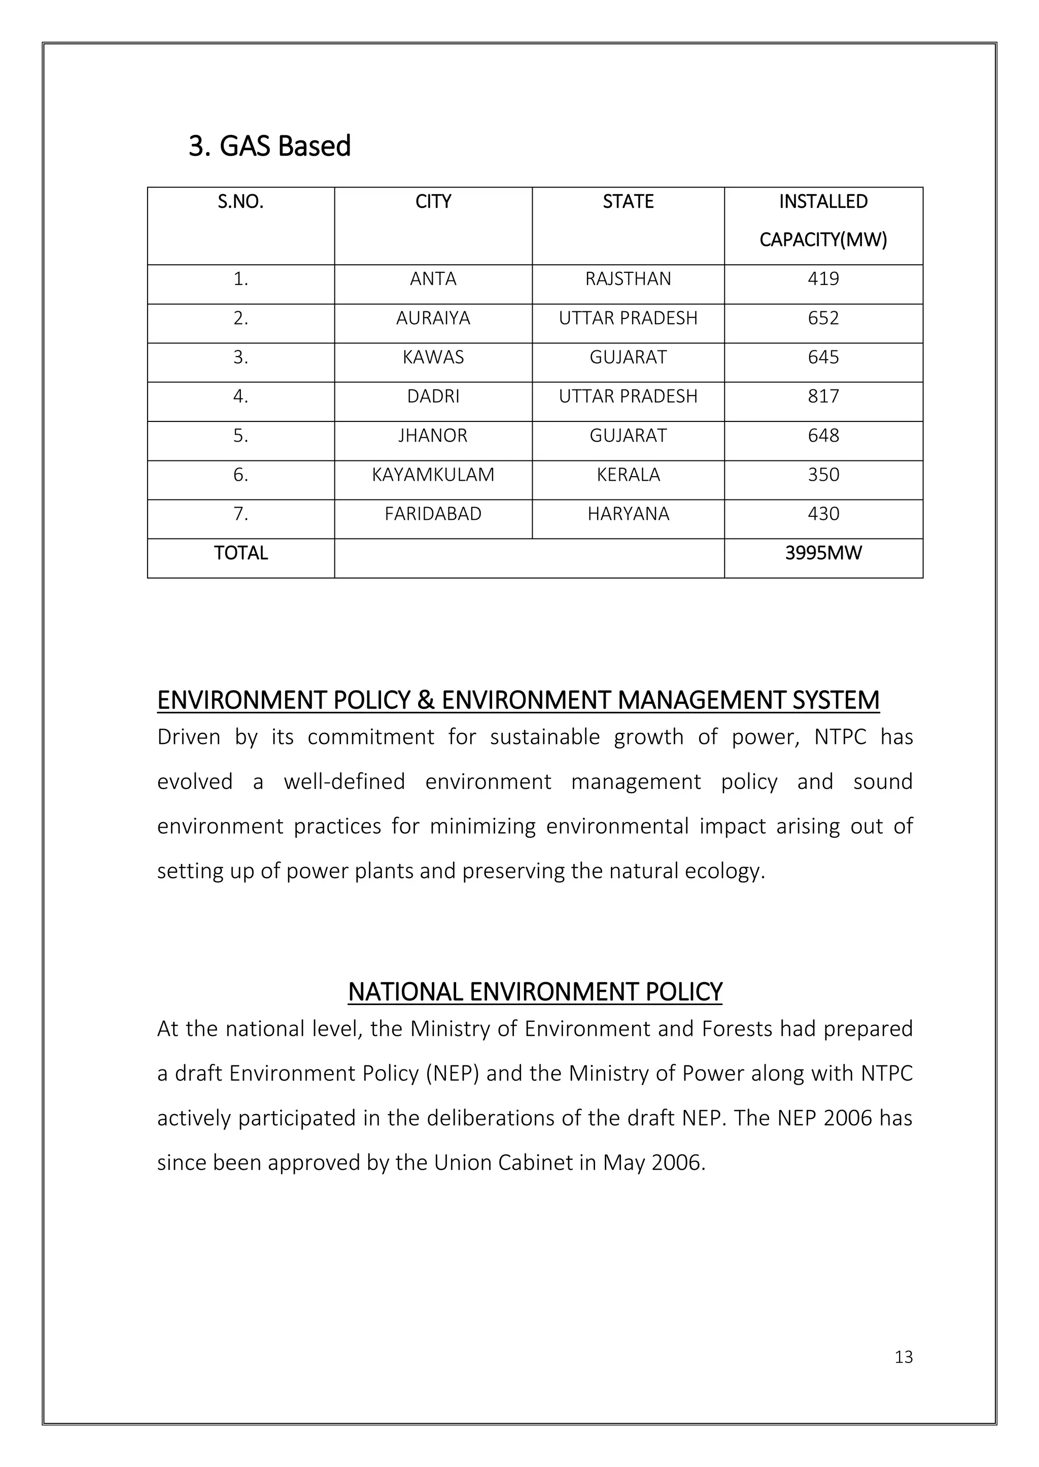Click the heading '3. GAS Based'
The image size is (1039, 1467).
(269, 147)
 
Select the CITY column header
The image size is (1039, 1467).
(433, 202)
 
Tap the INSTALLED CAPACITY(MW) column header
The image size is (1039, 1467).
(823, 221)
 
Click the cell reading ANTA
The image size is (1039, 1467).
(433, 279)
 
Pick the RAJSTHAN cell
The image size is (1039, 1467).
(628, 279)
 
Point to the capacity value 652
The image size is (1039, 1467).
(823, 318)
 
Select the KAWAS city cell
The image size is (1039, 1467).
(433, 357)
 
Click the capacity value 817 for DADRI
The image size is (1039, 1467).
(823, 397)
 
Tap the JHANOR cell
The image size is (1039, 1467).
(433, 436)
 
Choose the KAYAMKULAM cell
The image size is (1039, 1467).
(433, 475)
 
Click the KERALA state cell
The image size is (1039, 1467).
(628, 475)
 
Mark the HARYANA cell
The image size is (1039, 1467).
(628, 514)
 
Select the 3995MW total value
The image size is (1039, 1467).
(823, 553)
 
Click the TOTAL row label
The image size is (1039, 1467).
(240, 553)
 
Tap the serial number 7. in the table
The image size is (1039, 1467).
(240, 514)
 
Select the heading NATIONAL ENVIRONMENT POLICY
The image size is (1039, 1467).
(535, 992)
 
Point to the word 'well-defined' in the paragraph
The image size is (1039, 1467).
(344, 782)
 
